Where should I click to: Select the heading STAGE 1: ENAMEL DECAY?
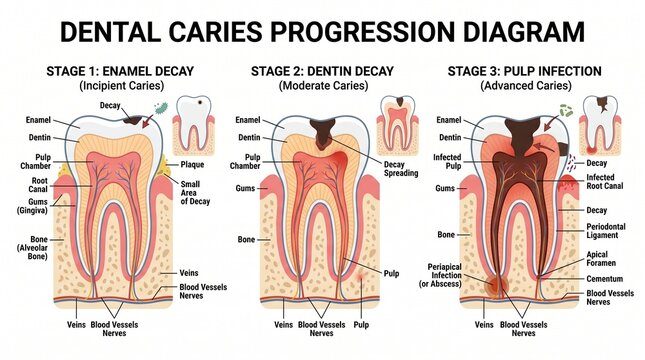tap(120, 71)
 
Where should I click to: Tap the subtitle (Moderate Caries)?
tap(323, 86)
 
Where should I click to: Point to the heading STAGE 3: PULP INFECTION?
tap(524, 71)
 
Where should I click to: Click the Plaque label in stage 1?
tap(192, 165)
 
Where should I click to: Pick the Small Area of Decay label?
tap(195, 193)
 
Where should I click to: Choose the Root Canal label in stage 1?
tap(38, 185)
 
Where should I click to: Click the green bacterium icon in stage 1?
tap(161, 108)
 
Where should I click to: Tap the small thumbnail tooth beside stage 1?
tap(193, 125)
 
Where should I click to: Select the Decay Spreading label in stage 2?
tap(401, 169)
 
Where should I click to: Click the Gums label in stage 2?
tap(245, 188)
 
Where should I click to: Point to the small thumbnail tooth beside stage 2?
tap(397, 125)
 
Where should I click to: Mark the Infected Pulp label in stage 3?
tap(447, 161)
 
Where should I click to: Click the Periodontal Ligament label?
tap(606, 231)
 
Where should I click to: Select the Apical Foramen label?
tap(601, 259)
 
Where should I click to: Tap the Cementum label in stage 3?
tap(604, 279)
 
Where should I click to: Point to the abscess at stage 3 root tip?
tap(496, 286)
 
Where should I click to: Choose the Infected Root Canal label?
tap(605, 181)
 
